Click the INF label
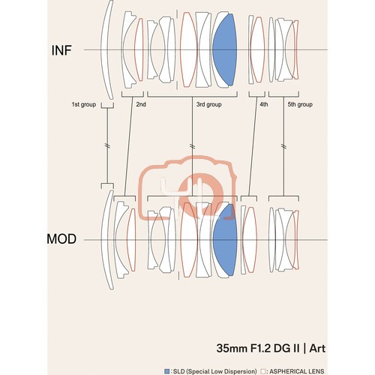tap(61, 50)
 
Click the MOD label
tap(61, 239)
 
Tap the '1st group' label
tap(84, 104)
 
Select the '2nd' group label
tap(141, 104)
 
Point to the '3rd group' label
tap(208, 104)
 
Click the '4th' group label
tap(263, 104)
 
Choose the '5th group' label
tap(300, 104)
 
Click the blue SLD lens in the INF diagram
tap(225, 49)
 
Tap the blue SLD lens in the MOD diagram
tap(225, 240)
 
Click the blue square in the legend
tap(166, 371)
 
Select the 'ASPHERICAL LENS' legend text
tap(297, 371)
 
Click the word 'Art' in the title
tap(317, 348)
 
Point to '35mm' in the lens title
tap(232, 348)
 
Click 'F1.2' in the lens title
tap(261, 348)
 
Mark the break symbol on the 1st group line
tap(107, 145)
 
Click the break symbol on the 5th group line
tap(283, 146)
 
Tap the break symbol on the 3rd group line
tap(192, 146)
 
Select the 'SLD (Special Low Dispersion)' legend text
tap(215, 371)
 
